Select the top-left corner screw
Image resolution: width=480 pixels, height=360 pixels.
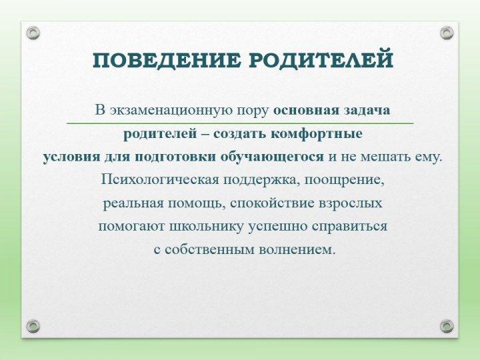34,32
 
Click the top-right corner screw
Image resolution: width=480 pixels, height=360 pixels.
447,32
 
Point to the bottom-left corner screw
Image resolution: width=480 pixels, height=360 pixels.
34,326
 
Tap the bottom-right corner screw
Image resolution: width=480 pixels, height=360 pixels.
447,326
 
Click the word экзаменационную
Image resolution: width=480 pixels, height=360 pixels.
169,109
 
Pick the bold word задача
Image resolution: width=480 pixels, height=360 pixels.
369,109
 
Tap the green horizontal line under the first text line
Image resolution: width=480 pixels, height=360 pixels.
240,123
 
